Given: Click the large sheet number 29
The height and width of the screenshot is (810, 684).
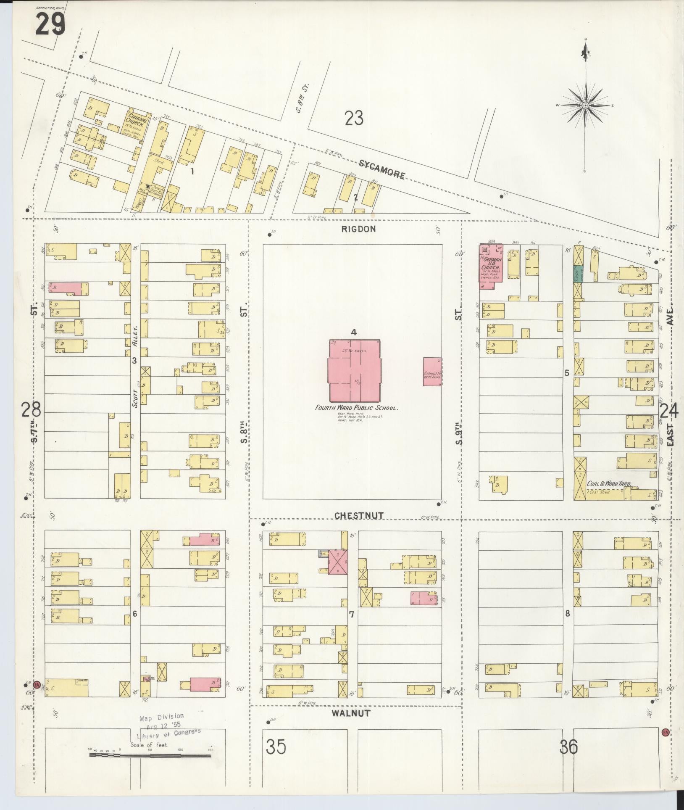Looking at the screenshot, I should pos(50,24).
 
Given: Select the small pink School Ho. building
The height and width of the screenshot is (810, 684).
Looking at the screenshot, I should pos(432,372).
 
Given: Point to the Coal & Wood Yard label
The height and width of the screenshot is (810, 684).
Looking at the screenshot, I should pos(609,484).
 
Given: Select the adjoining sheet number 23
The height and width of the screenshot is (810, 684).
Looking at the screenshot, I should pos(354,119).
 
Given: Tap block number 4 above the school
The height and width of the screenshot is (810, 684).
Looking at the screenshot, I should pos(354,332).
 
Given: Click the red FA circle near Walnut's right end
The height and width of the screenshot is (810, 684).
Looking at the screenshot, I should pos(665,732).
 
